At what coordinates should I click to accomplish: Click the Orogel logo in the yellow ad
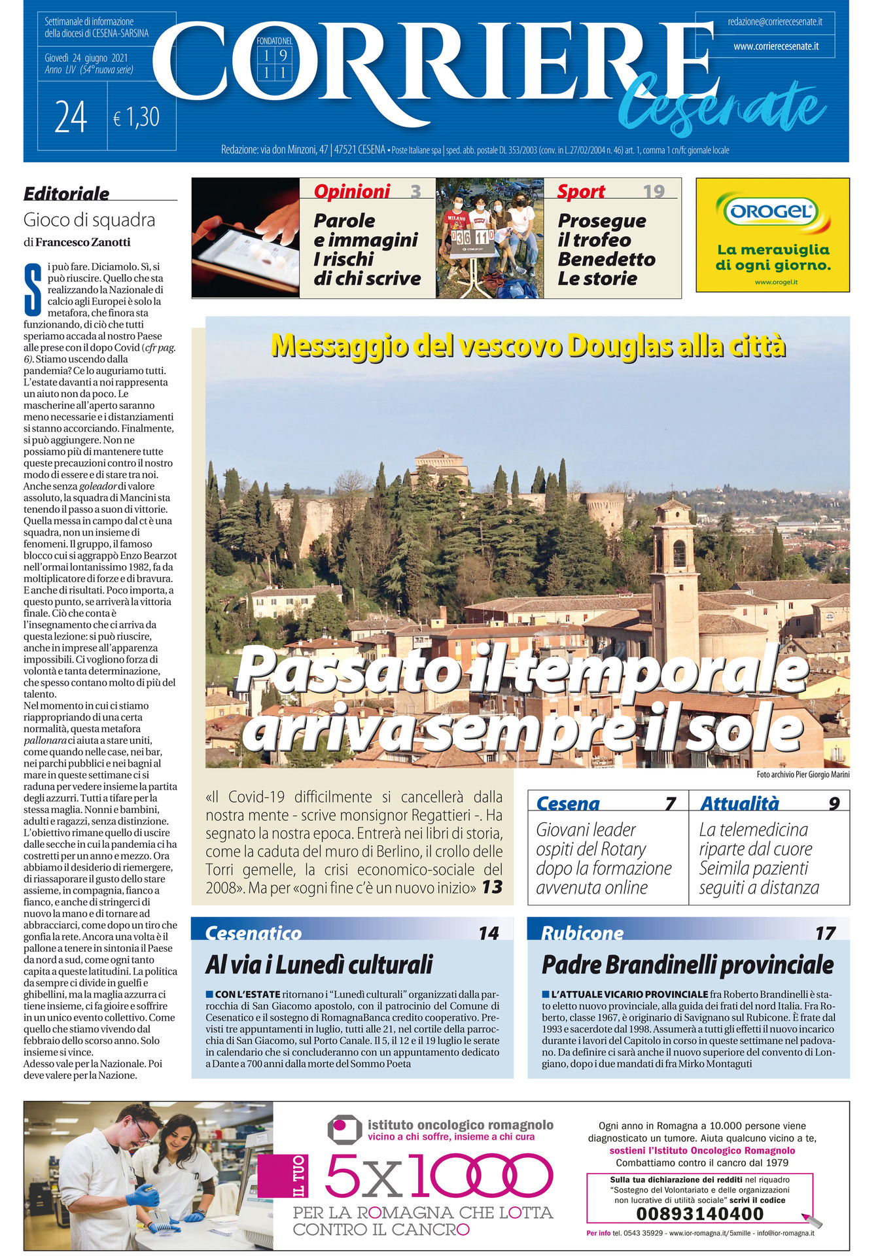pos(772,211)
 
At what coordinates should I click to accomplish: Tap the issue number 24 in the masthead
pos(71,118)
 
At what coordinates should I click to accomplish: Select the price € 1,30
pos(136,118)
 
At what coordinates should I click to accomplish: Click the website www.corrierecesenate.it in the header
pos(775,46)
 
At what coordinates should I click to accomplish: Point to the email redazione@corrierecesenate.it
pos(775,22)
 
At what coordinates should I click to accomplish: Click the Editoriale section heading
pos(67,194)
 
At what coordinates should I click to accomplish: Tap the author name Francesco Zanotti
pos(82,242)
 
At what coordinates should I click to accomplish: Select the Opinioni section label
pos(352,191)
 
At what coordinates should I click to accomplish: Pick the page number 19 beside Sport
pos(653,191)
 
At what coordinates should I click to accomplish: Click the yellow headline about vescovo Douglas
pos(527,345)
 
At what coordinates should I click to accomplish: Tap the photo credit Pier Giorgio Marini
pos(803,775)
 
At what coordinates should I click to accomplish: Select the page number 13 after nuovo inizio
pos(492,888)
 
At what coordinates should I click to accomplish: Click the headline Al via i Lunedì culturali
pos(319,964)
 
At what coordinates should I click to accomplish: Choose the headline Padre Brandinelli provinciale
pos(687,964)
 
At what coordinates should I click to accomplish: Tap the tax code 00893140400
pos(699,1213)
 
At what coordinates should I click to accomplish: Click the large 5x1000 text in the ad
pos(438,1176)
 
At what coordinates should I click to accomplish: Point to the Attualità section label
pos(739,803)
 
